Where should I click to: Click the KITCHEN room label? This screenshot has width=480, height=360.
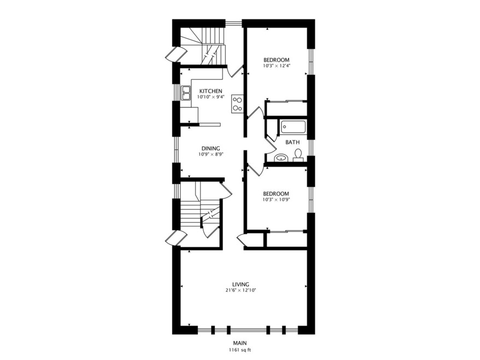pos(210,91)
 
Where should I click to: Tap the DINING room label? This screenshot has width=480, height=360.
pos(210,148)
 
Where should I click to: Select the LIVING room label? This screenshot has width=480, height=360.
pos(241,284)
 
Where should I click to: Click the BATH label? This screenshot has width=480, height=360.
pos(292,142)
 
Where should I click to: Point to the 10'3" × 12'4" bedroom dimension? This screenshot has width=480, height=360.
pos(276,66)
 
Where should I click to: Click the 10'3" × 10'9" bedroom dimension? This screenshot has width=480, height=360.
pos(276,200)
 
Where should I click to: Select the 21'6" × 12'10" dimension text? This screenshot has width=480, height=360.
pos(241,291)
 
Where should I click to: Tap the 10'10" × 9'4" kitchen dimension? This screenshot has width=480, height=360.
pos(210,97)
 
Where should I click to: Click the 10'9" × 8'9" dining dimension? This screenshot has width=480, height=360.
pos(210,154)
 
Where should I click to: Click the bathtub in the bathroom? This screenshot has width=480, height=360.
pos(294,128)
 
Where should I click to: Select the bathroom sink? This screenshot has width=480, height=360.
pos(280,158)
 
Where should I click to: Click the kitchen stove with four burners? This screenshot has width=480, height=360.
pos(237,103)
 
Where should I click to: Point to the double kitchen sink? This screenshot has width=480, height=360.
pos(186,94)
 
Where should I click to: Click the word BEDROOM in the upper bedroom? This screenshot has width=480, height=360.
pos(276,60)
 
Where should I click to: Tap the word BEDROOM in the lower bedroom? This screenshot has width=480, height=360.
pos(276,194)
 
